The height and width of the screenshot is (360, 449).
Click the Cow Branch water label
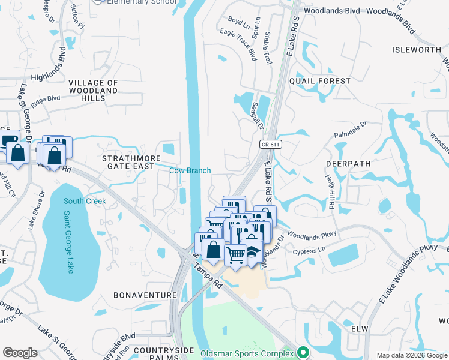coord(190,170)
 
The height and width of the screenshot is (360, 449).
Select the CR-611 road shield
coord(271,145)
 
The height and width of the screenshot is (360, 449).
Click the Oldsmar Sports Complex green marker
coord(304,352)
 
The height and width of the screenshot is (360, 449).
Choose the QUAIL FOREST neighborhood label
coord(319,81)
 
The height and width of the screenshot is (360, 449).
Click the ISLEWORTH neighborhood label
coord(416,50)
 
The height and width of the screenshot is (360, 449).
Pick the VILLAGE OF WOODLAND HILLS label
coord(93,90)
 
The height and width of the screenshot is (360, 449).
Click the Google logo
coord(20,352)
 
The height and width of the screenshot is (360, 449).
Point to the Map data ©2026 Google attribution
coord(411,355)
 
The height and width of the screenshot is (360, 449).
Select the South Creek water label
coord(85,201)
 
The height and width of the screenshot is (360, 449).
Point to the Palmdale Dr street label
coord(350,129)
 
